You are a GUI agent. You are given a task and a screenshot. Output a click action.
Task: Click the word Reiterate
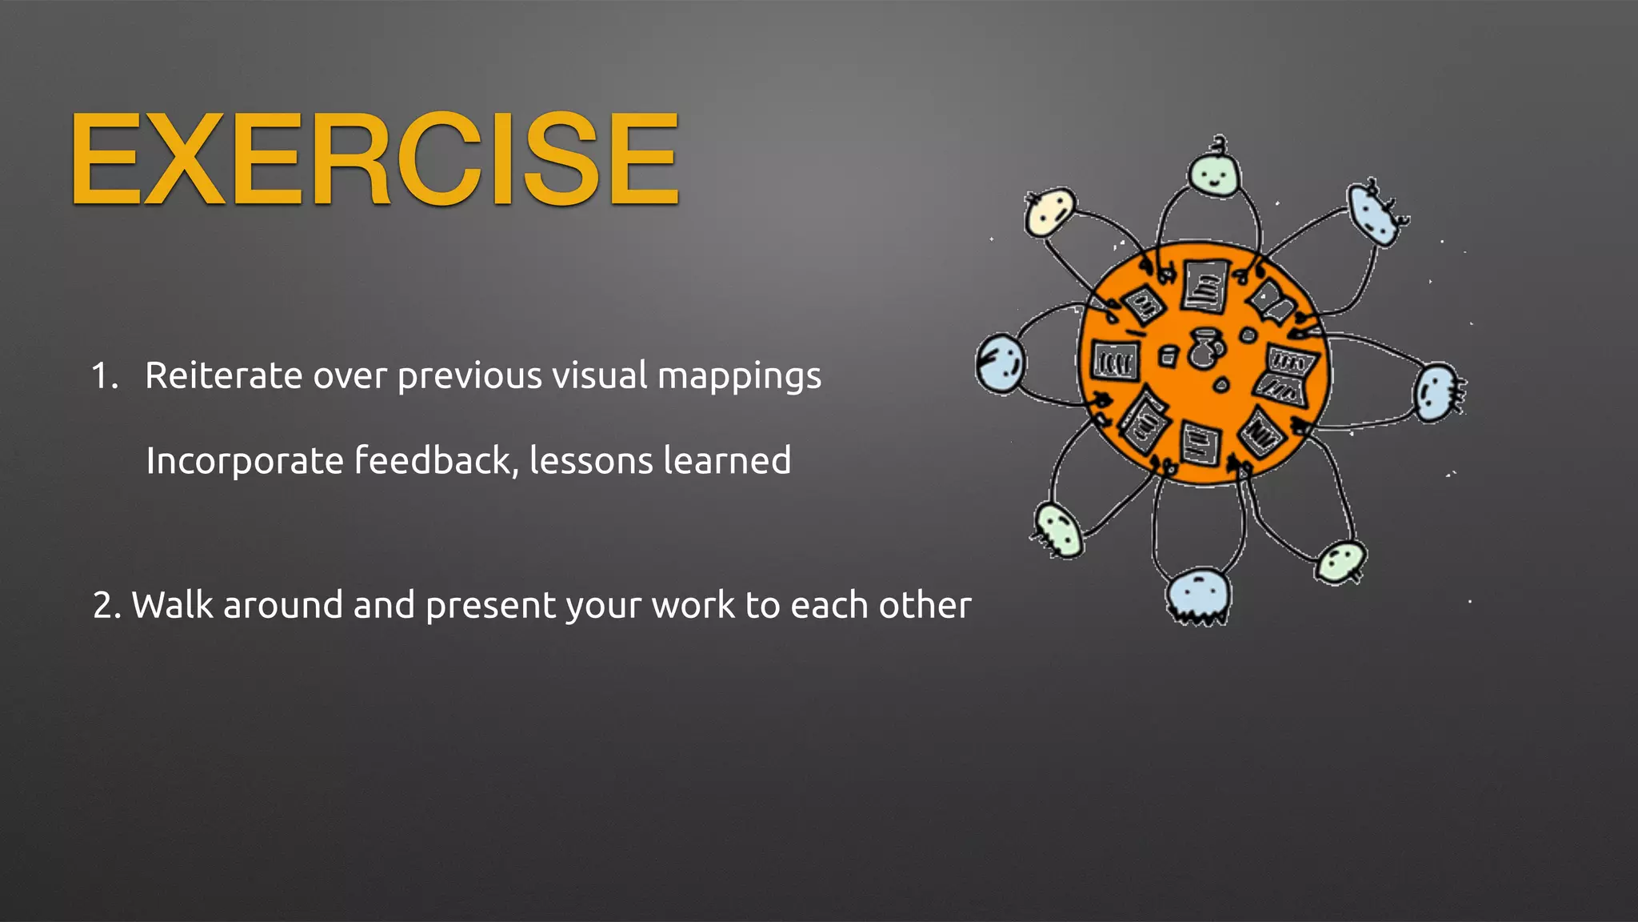223,375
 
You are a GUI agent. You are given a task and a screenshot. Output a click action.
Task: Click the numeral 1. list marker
104,375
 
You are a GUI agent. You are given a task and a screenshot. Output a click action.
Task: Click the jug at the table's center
1203,349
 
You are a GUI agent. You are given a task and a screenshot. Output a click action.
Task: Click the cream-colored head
1049,212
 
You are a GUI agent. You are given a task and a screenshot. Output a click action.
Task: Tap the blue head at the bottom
1197,595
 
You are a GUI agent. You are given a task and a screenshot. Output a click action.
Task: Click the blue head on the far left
999,363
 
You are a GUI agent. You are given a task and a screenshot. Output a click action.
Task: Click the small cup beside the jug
1168,355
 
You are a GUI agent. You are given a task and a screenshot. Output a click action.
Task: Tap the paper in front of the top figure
1205,286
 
